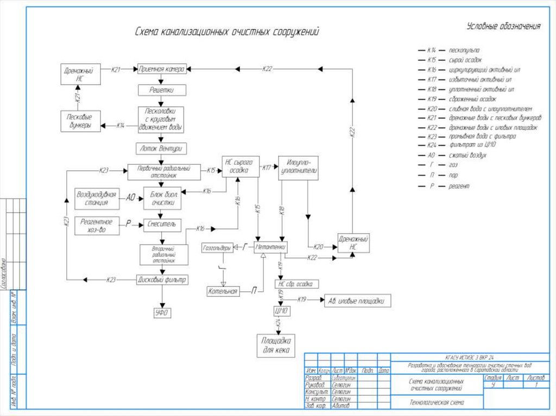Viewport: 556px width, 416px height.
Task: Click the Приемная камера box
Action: [162, 69]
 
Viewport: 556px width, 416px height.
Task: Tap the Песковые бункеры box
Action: [79, 120]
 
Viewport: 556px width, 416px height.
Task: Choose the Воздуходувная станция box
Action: [96, 198]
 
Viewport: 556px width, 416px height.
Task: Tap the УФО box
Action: [161, 312]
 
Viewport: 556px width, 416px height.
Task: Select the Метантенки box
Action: [270, 247]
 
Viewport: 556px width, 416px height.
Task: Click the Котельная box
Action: [223, 292]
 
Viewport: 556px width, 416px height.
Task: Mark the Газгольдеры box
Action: [217, 248]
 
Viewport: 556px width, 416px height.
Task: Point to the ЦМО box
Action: [281, 311]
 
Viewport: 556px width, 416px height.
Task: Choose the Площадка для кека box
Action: [275, 345]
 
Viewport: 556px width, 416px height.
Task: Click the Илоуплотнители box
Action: [298, 168]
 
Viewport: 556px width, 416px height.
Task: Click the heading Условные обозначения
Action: [503, 27]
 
